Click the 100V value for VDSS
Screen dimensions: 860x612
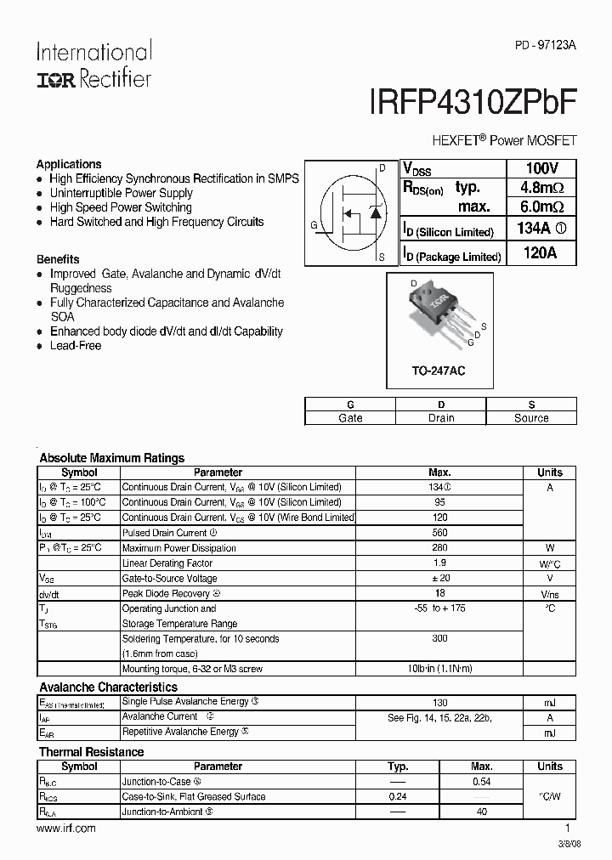coord(541,167)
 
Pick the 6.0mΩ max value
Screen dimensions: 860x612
coord(541,207)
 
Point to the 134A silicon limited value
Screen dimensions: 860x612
coord(541,229)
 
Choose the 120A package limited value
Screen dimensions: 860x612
coord(541,253)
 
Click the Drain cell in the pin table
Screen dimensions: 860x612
coord(440,418)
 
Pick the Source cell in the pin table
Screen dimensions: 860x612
coord(531,418)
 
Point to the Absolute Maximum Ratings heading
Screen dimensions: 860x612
coord(112,458)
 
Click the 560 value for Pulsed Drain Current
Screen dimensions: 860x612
coord(439,533)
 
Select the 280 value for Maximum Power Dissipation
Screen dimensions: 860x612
coord(439,548)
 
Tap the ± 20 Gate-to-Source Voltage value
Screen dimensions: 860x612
coord(439,578)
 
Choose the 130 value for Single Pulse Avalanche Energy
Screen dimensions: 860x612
coord(439,702)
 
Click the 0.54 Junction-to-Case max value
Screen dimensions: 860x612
coord(481,782)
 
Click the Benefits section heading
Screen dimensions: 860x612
coord(58,259)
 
